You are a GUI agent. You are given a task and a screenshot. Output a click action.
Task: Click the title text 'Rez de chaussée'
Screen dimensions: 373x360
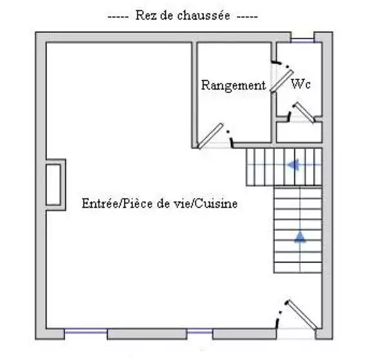click(x=183, y=15)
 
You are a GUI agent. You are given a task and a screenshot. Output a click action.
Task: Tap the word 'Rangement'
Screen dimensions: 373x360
click(x=234, y=86)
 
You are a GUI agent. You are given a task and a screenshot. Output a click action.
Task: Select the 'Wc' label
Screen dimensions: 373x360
click(x=301, y=84)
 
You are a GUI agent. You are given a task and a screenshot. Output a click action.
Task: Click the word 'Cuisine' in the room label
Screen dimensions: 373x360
click(x=217, y=203)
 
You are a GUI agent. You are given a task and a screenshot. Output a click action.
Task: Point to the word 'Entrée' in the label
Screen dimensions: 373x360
click(x=100, y=203)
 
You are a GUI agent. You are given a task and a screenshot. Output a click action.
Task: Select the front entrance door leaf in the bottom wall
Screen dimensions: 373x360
click(x=301, y=315)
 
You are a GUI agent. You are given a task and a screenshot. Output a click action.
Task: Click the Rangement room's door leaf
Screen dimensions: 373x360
click(x=211, y=136)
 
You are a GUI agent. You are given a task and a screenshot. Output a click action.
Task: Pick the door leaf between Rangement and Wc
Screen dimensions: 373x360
click(x=281, y=81)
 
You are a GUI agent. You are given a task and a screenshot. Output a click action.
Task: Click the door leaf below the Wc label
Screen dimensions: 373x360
click(x=304, y=112)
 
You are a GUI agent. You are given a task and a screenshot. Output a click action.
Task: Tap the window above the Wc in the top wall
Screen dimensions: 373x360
click(x=303, y=41)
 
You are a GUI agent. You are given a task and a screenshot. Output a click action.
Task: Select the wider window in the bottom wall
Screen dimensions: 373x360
click(x=86, y=330)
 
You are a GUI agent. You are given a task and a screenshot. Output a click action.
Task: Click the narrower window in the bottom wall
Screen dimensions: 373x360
click(x=200, y=330)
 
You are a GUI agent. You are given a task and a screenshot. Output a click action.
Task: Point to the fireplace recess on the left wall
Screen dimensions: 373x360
click(x=55, y=185)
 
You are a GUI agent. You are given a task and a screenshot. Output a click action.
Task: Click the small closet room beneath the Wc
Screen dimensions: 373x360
click(x=299, y=132)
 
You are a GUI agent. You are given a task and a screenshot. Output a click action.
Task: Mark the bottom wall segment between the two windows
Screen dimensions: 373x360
click(x=147, y=334)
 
